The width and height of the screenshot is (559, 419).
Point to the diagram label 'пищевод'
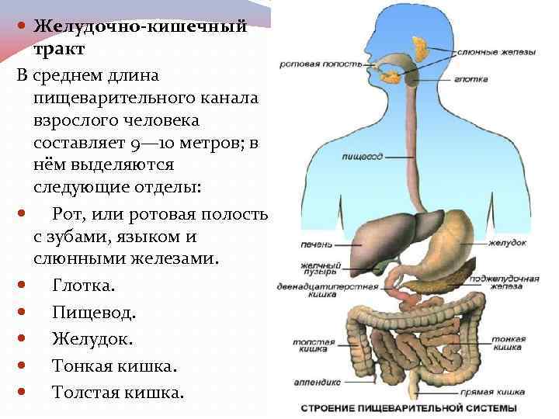362,157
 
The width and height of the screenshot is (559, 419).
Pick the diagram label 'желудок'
508,243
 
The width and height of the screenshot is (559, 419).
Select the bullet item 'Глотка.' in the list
83,286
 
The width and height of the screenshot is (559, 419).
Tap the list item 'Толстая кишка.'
118,392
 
